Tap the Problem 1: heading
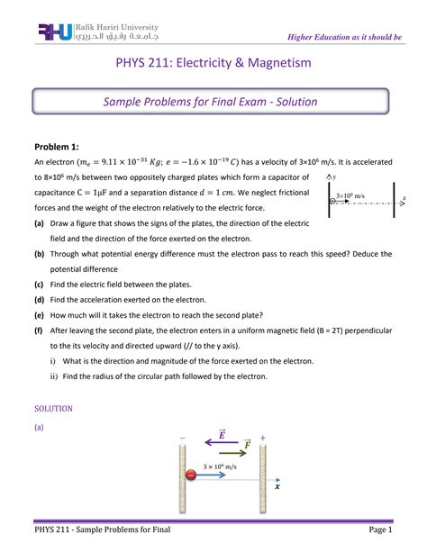click(x=58, y=147)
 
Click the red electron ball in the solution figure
click(x=190, y=475)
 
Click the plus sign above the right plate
click(x=263, y=438)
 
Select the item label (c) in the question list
click(x=39, y=284)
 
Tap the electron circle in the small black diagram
click(x=333, y=200)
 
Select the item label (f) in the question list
click(x=39, y=331)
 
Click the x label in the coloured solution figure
click(x=277, y=486)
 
